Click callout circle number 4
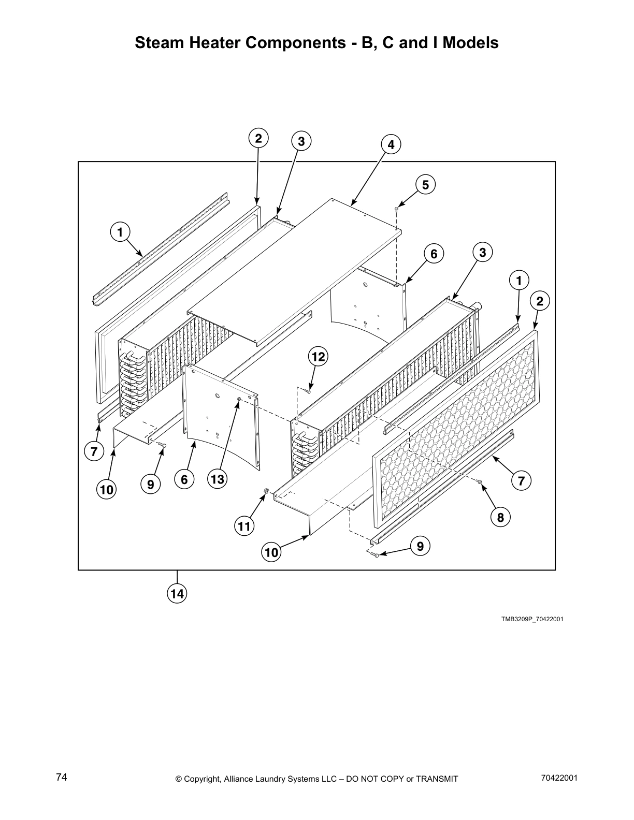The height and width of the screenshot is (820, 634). pos(391,145)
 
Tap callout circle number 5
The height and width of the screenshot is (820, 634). pos(425,185)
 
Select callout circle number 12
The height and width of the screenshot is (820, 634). pos(318,356)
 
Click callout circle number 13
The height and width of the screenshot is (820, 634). pos(217,479)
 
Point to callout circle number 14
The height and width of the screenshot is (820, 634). pos(177,594)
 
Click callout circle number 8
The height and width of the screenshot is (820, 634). pos(500,517)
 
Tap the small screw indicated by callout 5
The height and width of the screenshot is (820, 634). pos(396,209)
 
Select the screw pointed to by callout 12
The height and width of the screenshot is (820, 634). pos(309,392)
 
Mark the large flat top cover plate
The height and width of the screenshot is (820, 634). pos(295,269)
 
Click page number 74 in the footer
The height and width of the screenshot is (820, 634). pos(62,778)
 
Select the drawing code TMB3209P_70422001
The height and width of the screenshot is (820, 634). pos(532,619)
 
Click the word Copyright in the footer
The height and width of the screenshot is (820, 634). pos(201,779)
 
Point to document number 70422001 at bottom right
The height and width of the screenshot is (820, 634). pos(558,778)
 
